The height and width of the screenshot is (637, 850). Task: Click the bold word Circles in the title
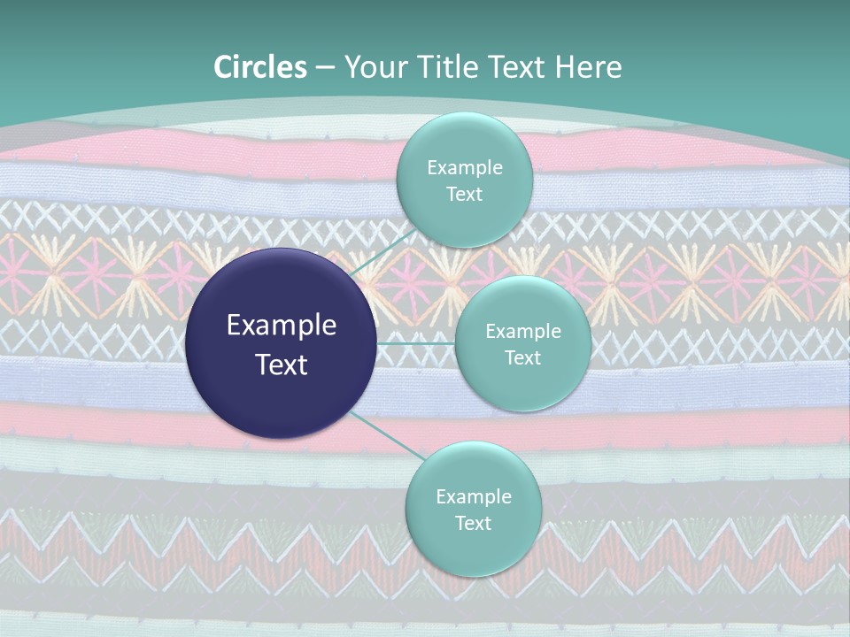click(x=260, y=67)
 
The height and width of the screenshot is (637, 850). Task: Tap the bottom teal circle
click(x=473, y=549)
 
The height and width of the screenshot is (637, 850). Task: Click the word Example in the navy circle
click(x=282, y=326)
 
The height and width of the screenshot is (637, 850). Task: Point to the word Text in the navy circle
click(x=282, y=365)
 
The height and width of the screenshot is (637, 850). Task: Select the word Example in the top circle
click(x=465, y=168)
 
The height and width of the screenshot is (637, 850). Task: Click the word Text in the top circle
click(x=465, y=195)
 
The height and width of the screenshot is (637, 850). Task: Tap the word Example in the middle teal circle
click(x=522, y=332)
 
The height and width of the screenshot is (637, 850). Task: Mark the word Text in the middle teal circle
click(x=522, y=358)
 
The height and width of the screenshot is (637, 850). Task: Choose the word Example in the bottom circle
click(x=473, y=497)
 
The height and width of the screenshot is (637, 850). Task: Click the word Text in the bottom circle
click(x=473, y=524)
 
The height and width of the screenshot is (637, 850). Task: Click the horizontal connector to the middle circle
click(x=416, y=343)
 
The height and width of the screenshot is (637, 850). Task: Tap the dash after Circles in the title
click(x=325, y=67)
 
